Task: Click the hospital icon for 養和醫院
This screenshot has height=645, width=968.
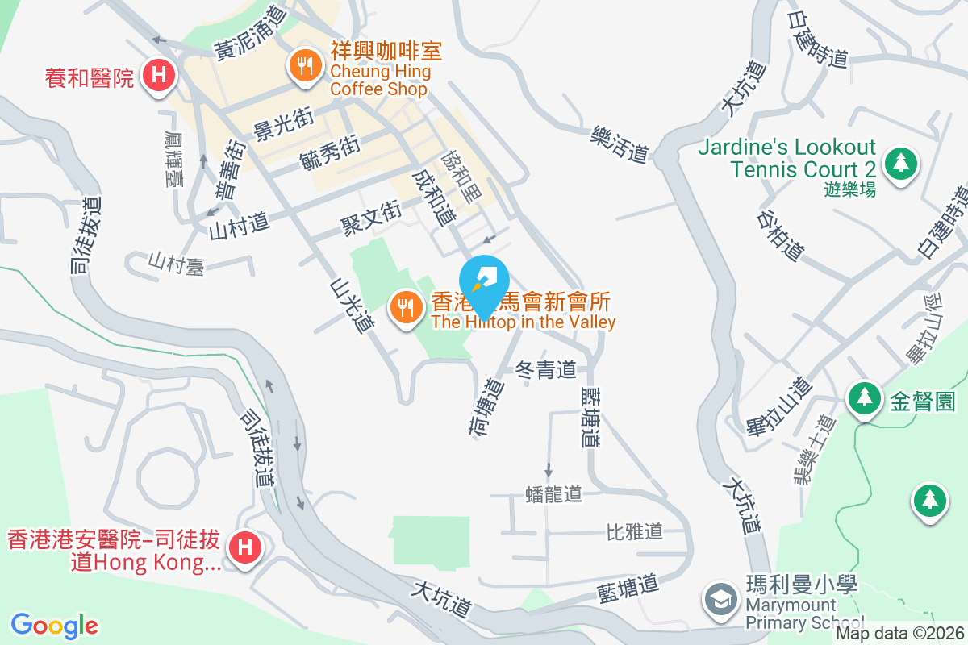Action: pyautogui.click(x=160, y=77)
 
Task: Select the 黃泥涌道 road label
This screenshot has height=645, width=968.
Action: pyautogui.click(x=250, y=37)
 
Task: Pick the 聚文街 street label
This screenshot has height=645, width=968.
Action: pyautogui.click(x=370, y=215)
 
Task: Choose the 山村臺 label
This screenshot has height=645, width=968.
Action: pyautogui.click(x=176, y=263)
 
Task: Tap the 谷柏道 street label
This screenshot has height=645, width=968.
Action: pyautogui.click(x=780, y=235)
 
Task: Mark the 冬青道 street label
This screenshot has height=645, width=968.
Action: pyautogui.click(x=545, y=370)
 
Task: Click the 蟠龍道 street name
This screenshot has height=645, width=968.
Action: pyautogui.click(x=553, y=493)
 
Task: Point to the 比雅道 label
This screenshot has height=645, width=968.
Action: pyautogui.click(x=634, y=531)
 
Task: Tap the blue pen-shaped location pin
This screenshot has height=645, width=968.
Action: pyautogui.click(x=486, y=282)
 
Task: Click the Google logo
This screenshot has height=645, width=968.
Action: pyautogui.click(x=54, y=625)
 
